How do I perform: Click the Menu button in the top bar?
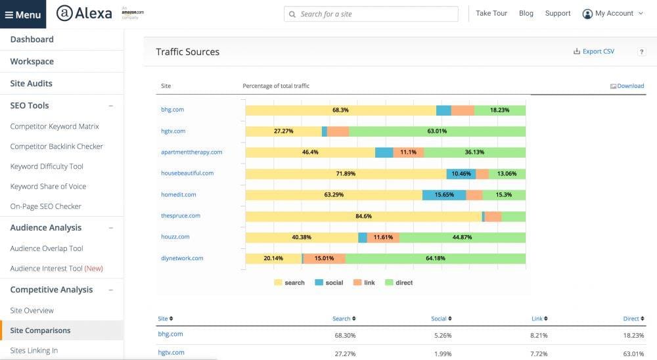tap(23, 14)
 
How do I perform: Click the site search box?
tap(371, 14)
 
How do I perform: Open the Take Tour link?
tap(491, 13)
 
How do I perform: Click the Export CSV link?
tap(594, 51)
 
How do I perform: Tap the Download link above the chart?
tap(627, 86)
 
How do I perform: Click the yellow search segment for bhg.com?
tap(340, 110)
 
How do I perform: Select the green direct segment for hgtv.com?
tap(437, 131)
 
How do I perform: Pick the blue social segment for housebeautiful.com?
tap(461, 173)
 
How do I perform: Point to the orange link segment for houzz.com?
tap(383, 237)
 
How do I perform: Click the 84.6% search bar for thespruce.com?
tap(363, 216)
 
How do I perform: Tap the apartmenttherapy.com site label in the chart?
tap(191, 152)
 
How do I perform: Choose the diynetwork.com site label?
tap(182, 258)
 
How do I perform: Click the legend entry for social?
tap(329, 282)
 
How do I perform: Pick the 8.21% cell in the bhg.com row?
tap(538, 334)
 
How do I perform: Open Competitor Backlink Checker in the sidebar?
tap(57, 146)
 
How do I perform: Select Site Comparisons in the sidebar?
tap(40, 330)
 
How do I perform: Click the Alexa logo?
tap(84, 14)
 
